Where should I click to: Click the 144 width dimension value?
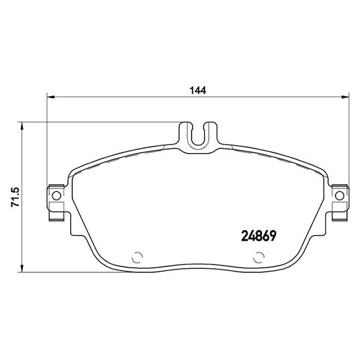pyautogui.click(x=197, y=90)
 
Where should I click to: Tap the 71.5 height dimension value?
pyautogui.click(x=16, y=197)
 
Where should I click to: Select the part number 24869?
pyautogui.click(x=259, y=236)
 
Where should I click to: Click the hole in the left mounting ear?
pyautogui.click(x=56, y=196)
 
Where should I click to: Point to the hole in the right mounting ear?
pyautogui.click(x=340, y=196)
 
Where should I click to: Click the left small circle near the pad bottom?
pyautogui.click(x=137, y=257)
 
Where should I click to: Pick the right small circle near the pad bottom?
pyautogui.click(x=259, y=257)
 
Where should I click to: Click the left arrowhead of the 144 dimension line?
pyautogui.click(x=51, y=97)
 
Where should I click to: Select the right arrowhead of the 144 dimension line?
pyautogui.click(x=345, y=97)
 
